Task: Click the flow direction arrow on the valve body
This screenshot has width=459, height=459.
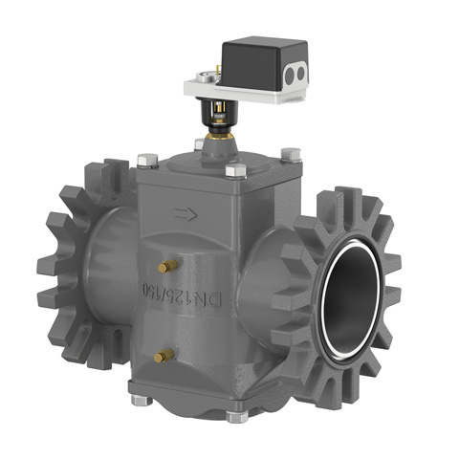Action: pos(183,218)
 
